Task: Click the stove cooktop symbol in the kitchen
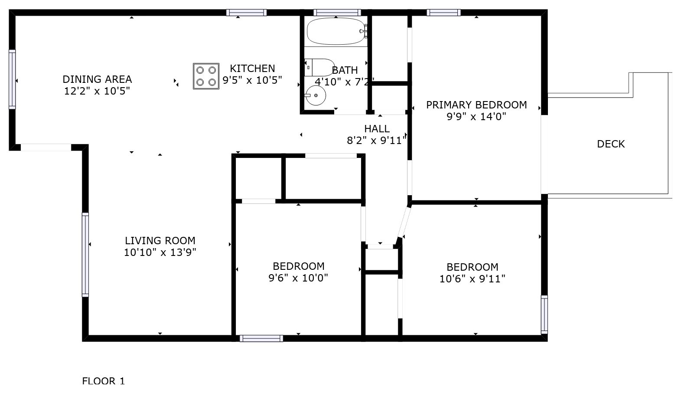coord(206,76)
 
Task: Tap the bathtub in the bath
coord(337,31)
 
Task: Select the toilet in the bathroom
coord(319,67)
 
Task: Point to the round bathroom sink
coord(316,95)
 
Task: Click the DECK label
coord(611,144)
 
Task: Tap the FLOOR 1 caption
coord(103,381)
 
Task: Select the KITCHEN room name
coord(252,69)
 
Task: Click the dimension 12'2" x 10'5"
coord(97,91)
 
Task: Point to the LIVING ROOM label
coord(160,241)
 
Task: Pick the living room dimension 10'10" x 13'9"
coord(160,252)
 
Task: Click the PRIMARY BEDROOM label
coord(476,105)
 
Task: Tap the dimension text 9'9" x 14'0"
coord(476,117)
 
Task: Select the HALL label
coord(377,129)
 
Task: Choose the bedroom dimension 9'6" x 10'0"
coord(298,278)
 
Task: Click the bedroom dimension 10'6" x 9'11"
coord(472,279)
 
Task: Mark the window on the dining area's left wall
coord(12,79)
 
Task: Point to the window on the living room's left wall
coord(85,255)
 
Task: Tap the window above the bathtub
coord(337,13)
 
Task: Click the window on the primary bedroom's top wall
coord(443,13)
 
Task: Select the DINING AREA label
coord(97,79)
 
